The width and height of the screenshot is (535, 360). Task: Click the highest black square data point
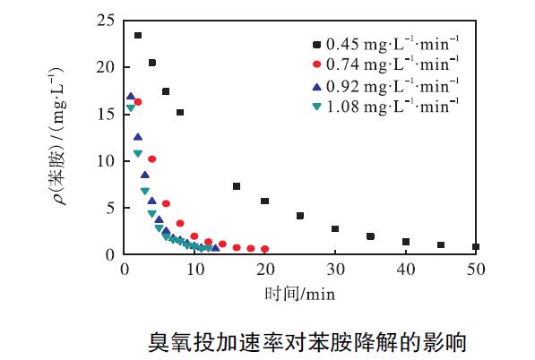138,36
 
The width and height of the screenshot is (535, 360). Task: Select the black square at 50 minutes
476,246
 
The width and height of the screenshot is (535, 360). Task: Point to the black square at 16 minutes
237,186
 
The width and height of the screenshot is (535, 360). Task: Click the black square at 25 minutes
300,216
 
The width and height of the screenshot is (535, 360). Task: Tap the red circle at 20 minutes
264,249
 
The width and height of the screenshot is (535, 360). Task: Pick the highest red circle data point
138,102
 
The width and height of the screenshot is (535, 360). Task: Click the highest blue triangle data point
131,96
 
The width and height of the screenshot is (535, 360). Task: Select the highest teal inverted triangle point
131,108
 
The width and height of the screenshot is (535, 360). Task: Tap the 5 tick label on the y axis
109,208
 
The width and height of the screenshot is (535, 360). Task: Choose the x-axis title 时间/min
299,293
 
